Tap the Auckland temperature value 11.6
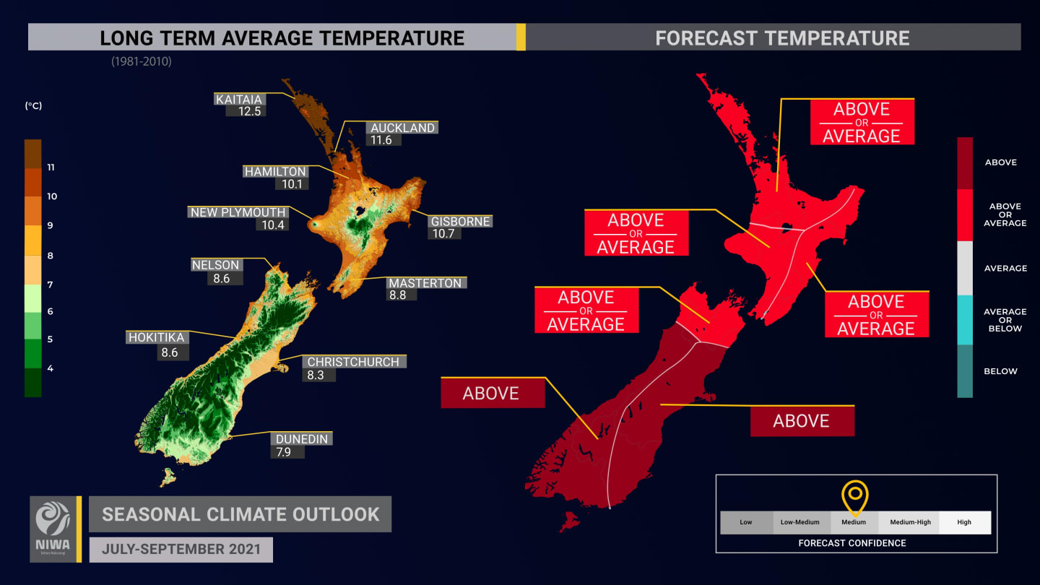click(x=381, y=140)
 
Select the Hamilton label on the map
click(x=275, y=172)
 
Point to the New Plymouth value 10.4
click(x=269, y=225)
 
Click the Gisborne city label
click(x=461, y=222)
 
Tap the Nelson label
click(x=215, y=265)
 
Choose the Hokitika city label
click(x=157, y=337)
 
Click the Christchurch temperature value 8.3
click(x=316, y=375)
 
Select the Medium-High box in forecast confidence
click(x=910, y=522)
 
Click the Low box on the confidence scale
click(x=746, y=522)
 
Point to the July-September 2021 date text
click(x=181, y=550)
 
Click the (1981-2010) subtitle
click(x=142, y=62)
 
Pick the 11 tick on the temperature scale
click(x=51, y=168)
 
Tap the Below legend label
click(x=1000, y=371)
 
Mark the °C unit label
click(x=33, y=105)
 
